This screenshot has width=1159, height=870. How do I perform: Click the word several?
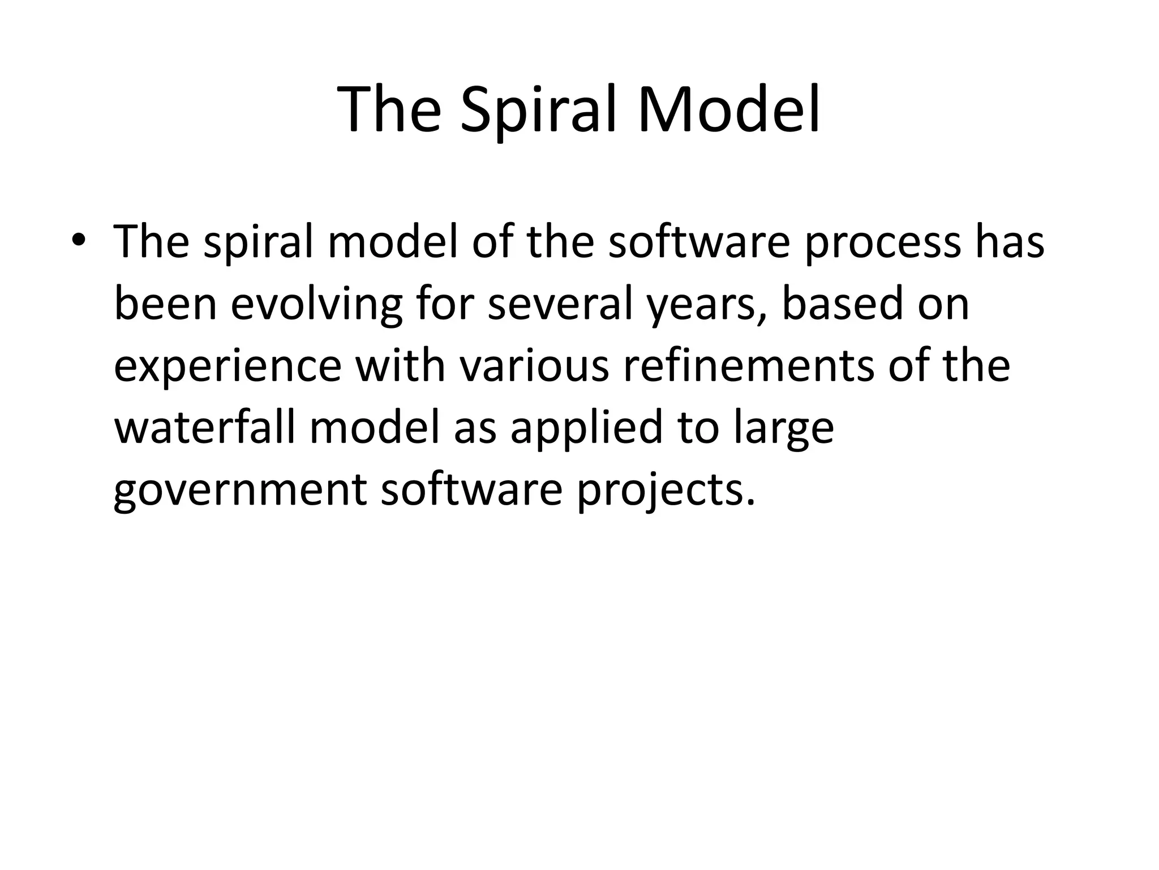[560, 304]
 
